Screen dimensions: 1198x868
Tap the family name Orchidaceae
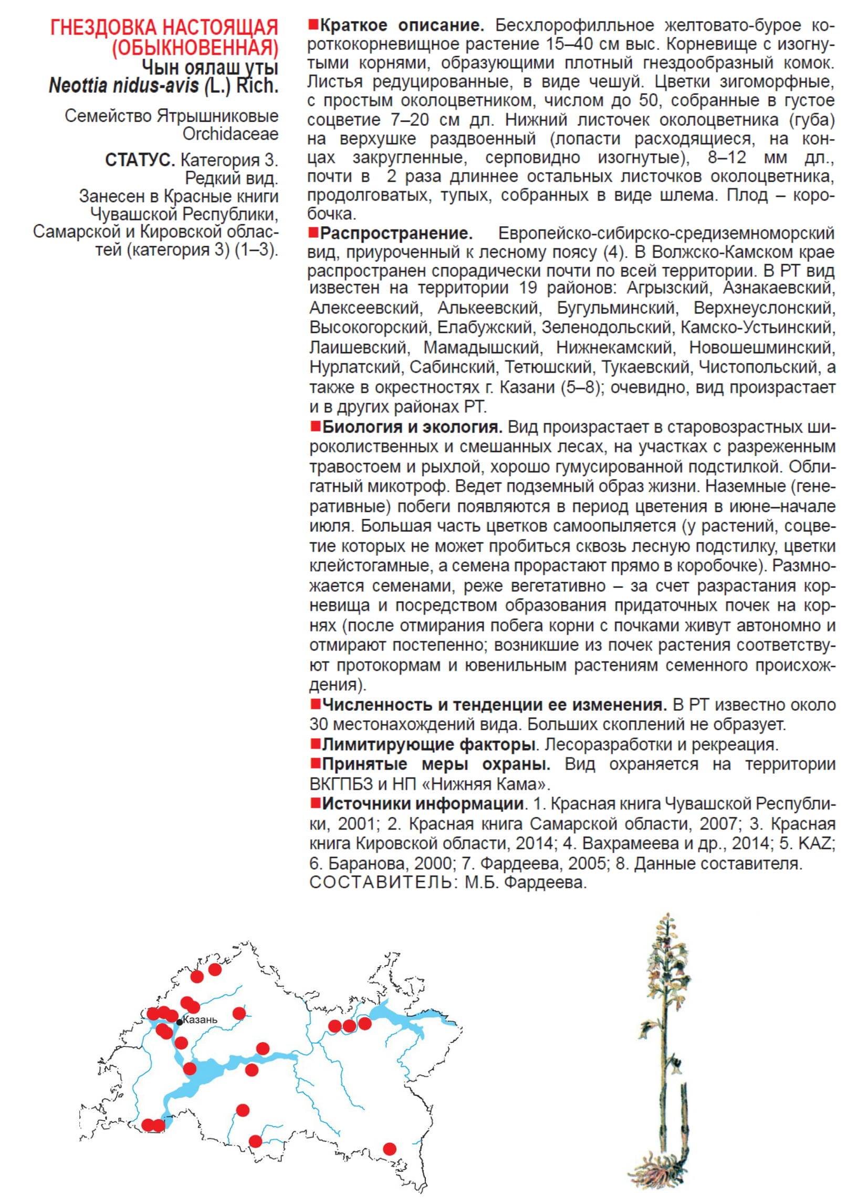click(x=231, y=134)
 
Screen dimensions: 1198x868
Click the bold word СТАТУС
click(x=140, y=160)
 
